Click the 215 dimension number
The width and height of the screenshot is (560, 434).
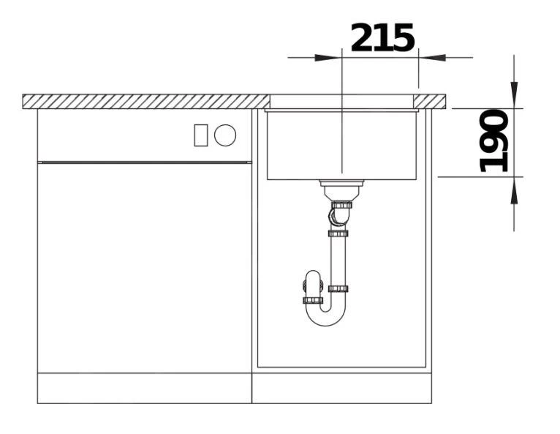coord(382,37)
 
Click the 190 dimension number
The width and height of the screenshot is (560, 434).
coord(493,141)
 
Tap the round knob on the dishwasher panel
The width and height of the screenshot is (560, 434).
coord(225,135)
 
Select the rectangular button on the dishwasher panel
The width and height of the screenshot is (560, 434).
coord(201,135)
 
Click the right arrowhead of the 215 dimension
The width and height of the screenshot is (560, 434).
coord(432,58)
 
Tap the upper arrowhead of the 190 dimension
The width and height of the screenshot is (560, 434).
coord(514,94)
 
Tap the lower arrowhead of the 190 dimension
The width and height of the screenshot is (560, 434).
coord(514,190)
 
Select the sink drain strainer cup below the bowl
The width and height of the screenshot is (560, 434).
coord(341,190)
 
